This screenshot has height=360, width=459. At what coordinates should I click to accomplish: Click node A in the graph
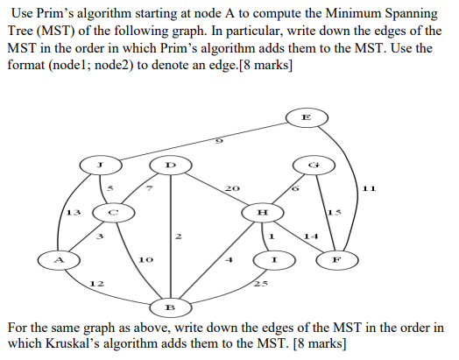(60, 258)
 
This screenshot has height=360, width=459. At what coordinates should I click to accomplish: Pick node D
(172, 164)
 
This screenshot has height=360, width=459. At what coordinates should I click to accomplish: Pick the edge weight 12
(98, 284)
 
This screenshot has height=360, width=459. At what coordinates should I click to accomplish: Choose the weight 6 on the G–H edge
(296, 189)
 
